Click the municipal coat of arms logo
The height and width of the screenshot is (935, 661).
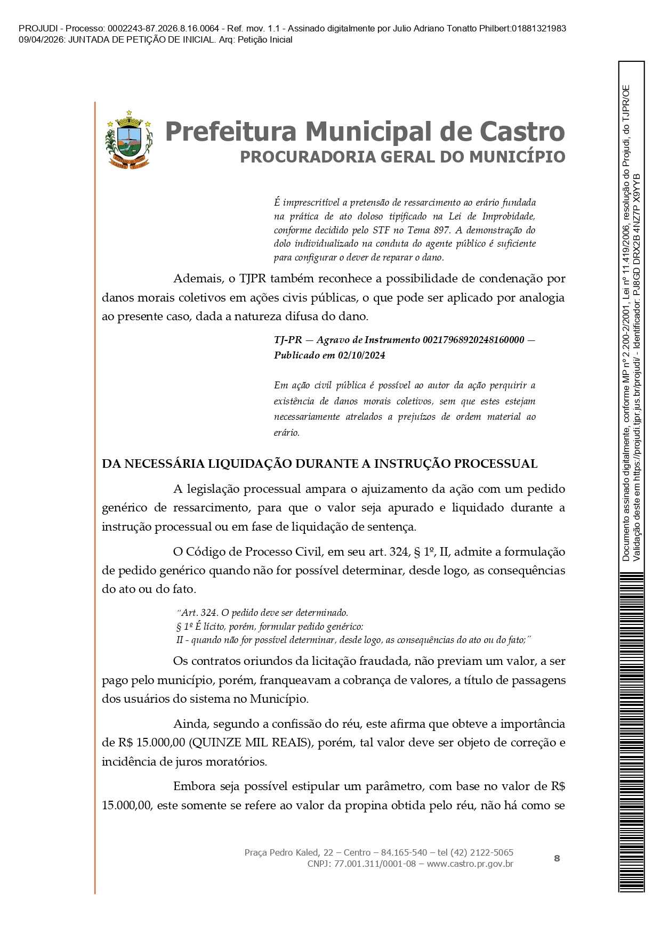tap(129, 140)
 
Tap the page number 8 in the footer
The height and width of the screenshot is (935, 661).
tap(557, 858)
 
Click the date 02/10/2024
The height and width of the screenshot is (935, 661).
tap(361, 355)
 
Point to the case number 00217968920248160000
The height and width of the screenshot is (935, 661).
tap(473, 340)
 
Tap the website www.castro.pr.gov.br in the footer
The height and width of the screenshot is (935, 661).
tap(470, 864)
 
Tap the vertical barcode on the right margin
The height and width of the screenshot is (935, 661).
tap(632, 730)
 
